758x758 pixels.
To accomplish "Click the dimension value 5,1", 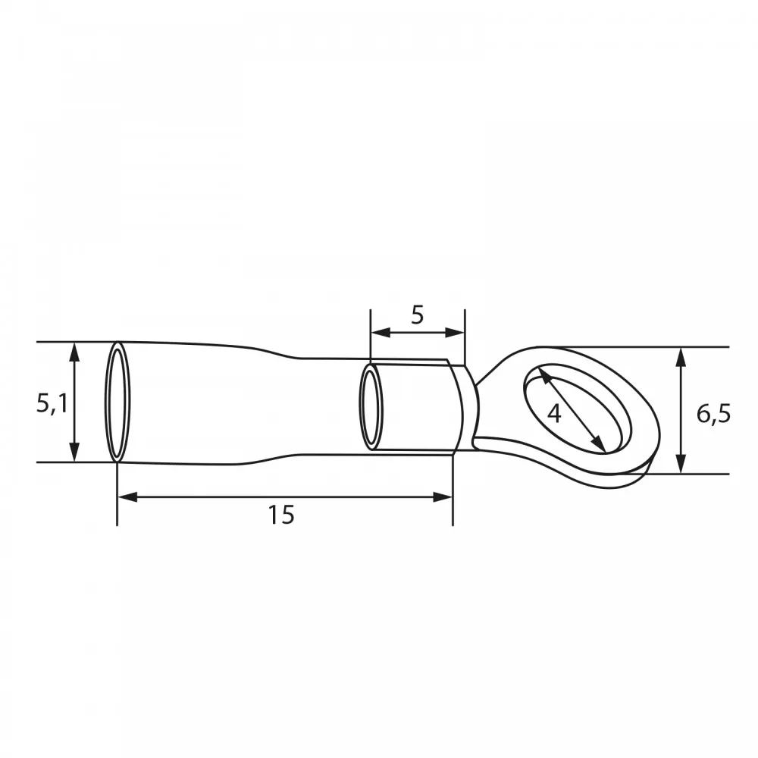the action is click(x=52, y=403).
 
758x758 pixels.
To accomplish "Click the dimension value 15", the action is click(x=281, y=515).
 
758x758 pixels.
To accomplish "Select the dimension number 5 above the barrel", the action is click(x=417, y=315).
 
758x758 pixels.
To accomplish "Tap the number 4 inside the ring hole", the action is click(x=554, y=414).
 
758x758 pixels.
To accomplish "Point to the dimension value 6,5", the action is click(x=713, y=415).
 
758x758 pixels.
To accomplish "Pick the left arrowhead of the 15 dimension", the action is click(x=127, y=497).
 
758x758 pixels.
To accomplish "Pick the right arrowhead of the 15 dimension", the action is click(x=443, y=497).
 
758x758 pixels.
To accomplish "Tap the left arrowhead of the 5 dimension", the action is click(x=381, y=332).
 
